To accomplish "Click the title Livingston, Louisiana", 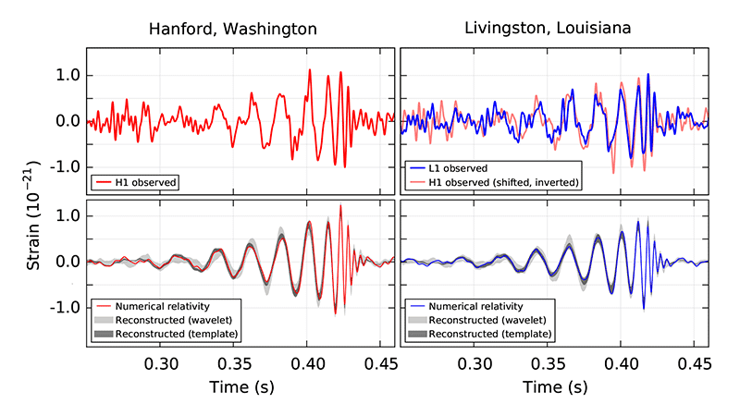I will (549, 29).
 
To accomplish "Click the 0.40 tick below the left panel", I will (308, 362).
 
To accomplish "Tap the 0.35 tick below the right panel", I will (549, 362).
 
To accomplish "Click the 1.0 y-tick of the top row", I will (67, 76).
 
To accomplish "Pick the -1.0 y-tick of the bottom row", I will (63, 308).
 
